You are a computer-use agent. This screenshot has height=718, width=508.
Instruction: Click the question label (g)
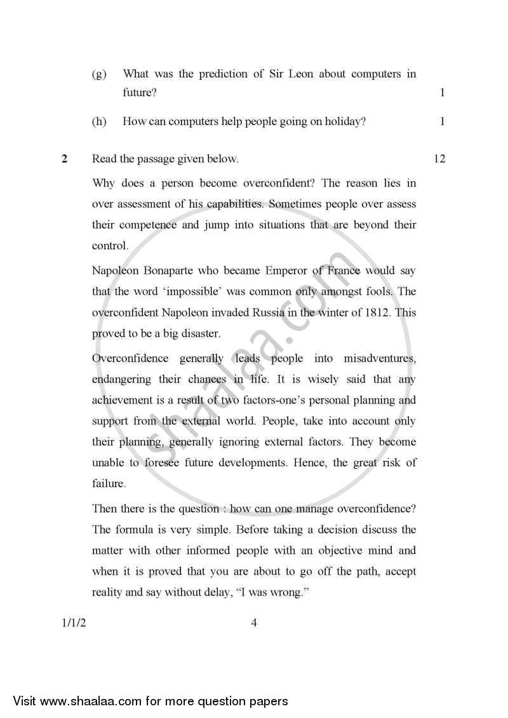point(99,74)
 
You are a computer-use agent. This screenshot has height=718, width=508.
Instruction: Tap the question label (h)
point(99,121)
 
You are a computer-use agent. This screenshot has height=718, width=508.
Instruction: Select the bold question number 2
point(64,159)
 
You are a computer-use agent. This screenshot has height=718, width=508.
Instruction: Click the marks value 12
point(439,159)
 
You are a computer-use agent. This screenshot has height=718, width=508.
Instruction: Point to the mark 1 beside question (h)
point(442,121)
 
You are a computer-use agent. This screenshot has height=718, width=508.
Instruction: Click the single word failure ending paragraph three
point(109,483)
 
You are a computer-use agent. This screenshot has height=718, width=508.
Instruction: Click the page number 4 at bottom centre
point(253,622)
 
